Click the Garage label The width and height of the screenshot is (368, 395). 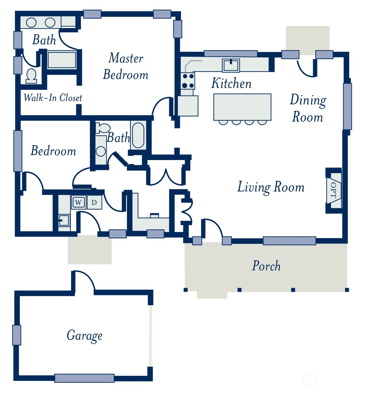(x=85, y=336)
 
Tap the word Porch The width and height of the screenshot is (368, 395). (x=266, y=266)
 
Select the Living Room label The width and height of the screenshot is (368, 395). (x=271, y=187)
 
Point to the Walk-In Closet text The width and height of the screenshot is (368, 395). (x=53, y=97)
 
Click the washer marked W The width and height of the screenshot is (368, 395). (x=78, y=202)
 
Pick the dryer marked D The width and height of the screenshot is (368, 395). (x=94, y=202)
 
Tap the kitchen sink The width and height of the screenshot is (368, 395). (x=231, y=65)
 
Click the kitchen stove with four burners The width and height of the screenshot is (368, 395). (x=188, y=81)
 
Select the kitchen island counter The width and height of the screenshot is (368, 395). (x=242, y=107)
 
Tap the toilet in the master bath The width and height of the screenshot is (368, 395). (x=31, y=76)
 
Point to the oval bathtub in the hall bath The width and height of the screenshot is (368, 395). (x=138, y=135)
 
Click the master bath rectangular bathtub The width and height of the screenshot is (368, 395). (x=62, y=60)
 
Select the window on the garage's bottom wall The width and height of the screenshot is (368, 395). (x=84, y=378)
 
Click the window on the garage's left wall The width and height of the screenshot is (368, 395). (x=17, y=335)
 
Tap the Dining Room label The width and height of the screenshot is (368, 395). (x=308, y=108)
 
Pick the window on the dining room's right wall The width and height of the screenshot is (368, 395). (x=347, y=106)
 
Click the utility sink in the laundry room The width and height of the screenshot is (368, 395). (x=64, y=220)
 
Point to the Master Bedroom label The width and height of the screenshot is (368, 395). (x=126, y=66)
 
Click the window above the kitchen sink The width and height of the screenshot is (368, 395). (x=231, y=53)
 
